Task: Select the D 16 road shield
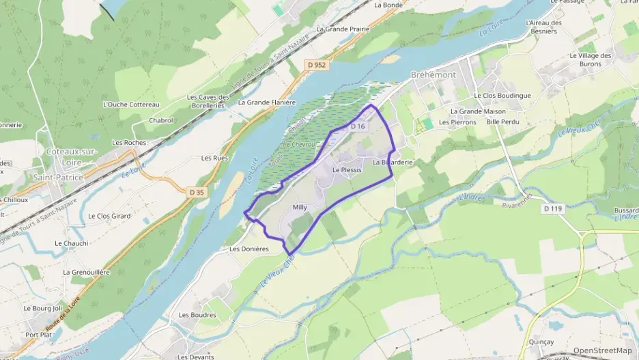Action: point(358,127)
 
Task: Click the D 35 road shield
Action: point(197,193)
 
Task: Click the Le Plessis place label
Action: point(346,169)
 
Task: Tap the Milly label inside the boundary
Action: point(300,208)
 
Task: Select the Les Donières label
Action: point(249,249)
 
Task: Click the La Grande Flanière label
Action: point(267,102)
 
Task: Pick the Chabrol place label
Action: point(161,120)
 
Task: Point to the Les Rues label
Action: point(214,158)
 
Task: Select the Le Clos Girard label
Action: point(109,216)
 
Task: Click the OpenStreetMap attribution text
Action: point(601,350)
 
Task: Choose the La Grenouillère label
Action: point(86,272)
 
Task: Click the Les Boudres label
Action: point(197,315)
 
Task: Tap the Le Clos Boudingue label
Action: point(502,96)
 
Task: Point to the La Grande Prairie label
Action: point(343,29)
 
